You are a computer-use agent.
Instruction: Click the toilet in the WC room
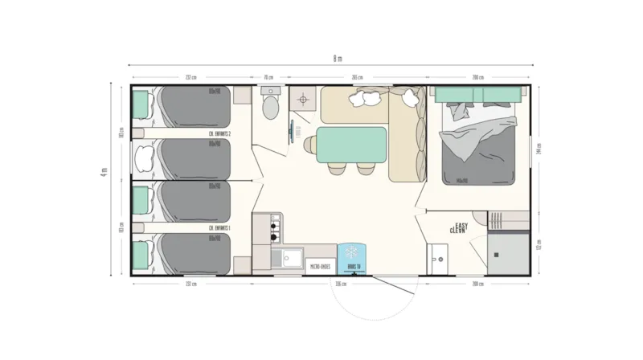tap(270, 106)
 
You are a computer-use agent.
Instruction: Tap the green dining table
tap(352, 144)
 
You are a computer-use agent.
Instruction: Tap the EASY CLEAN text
tap(461, 228)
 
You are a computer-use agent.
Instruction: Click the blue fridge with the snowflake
tap(352, 258)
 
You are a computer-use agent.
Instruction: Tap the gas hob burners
tap(274, 227)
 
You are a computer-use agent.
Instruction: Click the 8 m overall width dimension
tap(338, 58)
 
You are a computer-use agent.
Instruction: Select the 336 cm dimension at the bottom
tap(340, 284)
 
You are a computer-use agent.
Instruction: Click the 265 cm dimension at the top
tap(354, 78)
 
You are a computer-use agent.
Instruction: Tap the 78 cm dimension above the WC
tap(268, 78)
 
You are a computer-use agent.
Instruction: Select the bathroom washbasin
tap(439, 256)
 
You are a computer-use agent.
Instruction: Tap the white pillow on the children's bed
tap(145, 156)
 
